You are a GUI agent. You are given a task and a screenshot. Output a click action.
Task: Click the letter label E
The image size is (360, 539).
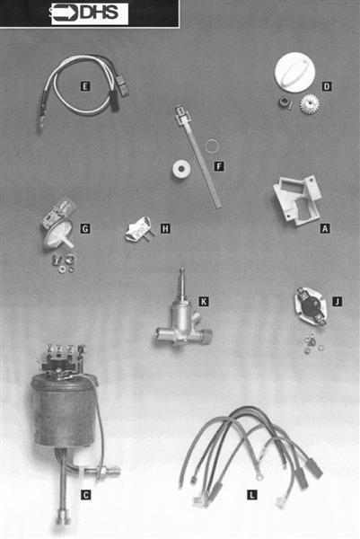84,86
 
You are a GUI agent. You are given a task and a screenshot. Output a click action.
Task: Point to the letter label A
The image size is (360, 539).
325,228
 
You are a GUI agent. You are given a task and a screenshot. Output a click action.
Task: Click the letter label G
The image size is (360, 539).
84,229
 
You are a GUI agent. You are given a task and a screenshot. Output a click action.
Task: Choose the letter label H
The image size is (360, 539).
165,229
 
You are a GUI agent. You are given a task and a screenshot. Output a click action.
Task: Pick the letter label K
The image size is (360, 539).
204,301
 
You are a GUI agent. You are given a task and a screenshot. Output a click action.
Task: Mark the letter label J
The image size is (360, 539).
337,301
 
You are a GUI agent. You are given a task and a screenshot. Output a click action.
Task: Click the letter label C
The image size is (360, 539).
84,493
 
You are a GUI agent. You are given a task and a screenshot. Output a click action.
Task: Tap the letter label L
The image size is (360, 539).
251,493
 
